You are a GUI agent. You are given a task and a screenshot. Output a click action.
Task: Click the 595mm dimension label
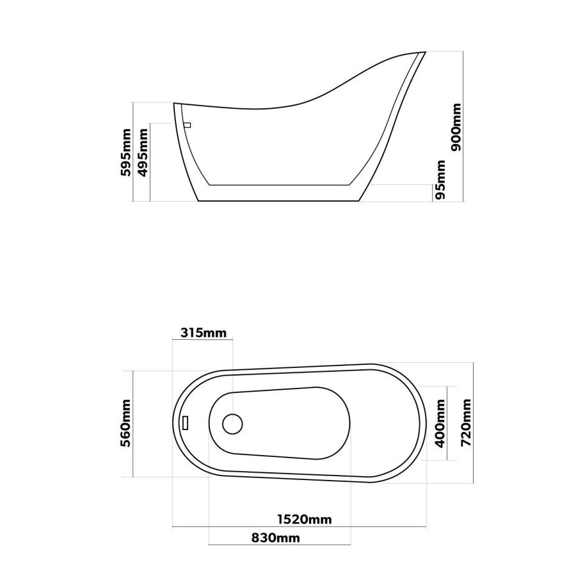coord(127,152)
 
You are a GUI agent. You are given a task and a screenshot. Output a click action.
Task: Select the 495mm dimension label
coord(143,152)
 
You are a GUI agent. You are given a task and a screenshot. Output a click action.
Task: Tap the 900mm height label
coord(456,127)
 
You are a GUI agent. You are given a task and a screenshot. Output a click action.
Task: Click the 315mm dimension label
coord(203,333)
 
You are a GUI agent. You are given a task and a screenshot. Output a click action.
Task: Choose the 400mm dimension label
coord(440,423)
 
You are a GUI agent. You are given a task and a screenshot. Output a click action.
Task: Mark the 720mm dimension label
coord(466,423)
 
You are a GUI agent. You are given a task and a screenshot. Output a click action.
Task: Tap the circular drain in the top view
coord(232,423)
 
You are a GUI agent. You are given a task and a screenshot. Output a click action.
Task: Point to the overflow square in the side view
coord(188,125)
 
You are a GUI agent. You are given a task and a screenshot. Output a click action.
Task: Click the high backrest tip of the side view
coord(423,52)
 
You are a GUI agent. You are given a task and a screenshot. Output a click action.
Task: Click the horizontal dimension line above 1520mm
coord(300,527)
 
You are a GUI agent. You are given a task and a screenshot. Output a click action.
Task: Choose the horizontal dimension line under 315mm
coord(203,340)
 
